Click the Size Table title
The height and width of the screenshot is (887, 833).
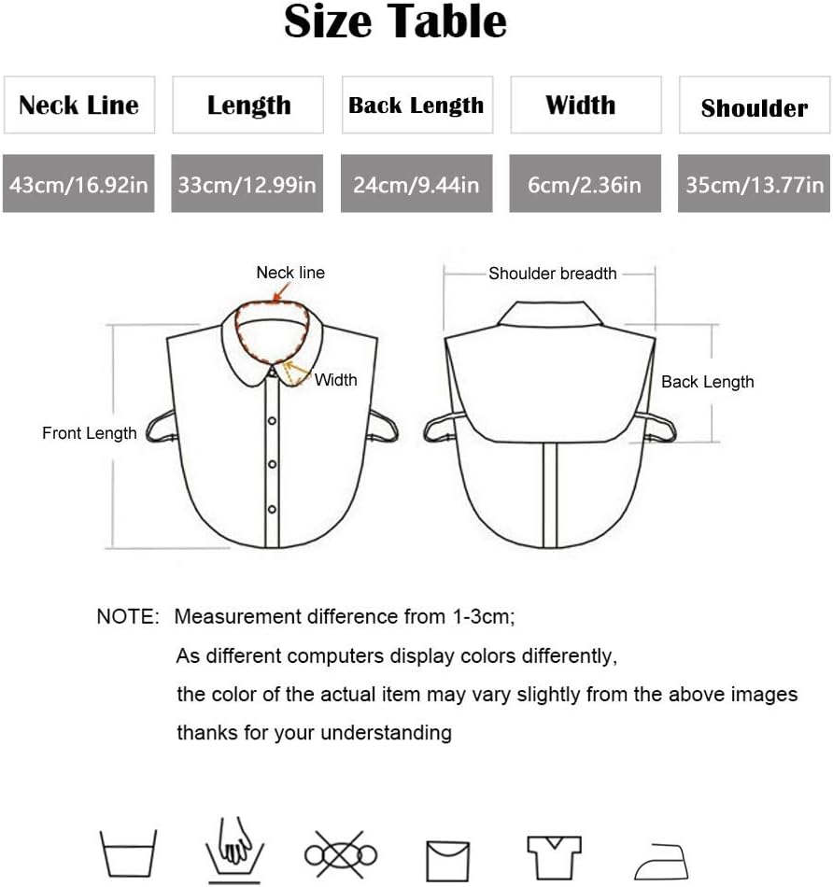(x=395, y=22)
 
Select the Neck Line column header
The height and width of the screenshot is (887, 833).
(x=79, y=105)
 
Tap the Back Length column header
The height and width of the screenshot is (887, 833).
(x=416, y=105)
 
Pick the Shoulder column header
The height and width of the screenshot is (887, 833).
(x=754, y=107)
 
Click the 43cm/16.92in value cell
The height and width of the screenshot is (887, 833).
(x=78, y=184)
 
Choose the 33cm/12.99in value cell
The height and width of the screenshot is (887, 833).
(x=247, y=184)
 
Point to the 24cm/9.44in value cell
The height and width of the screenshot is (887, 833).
(x=416, y=184)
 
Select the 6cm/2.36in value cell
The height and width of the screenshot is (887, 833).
(x=585, y=184)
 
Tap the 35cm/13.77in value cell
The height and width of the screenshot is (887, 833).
(x=754, y=184)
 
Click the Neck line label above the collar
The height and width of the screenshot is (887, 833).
(x=290, y=273)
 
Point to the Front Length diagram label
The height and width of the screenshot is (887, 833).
(x=89, y=433)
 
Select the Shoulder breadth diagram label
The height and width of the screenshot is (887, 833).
(x=552, y=274)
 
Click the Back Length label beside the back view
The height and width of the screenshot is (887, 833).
(x=707, y=382)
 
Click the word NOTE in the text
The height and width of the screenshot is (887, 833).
(x=128, y=617)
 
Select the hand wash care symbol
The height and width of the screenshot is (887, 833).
(x=234, y=851)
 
